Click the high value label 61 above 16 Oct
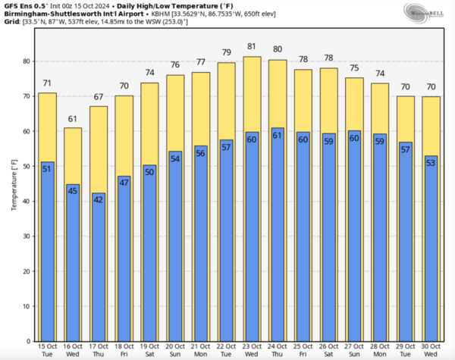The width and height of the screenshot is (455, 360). click(x=73, y=119)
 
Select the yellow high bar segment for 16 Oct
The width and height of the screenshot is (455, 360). click(x=73, y=155)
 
